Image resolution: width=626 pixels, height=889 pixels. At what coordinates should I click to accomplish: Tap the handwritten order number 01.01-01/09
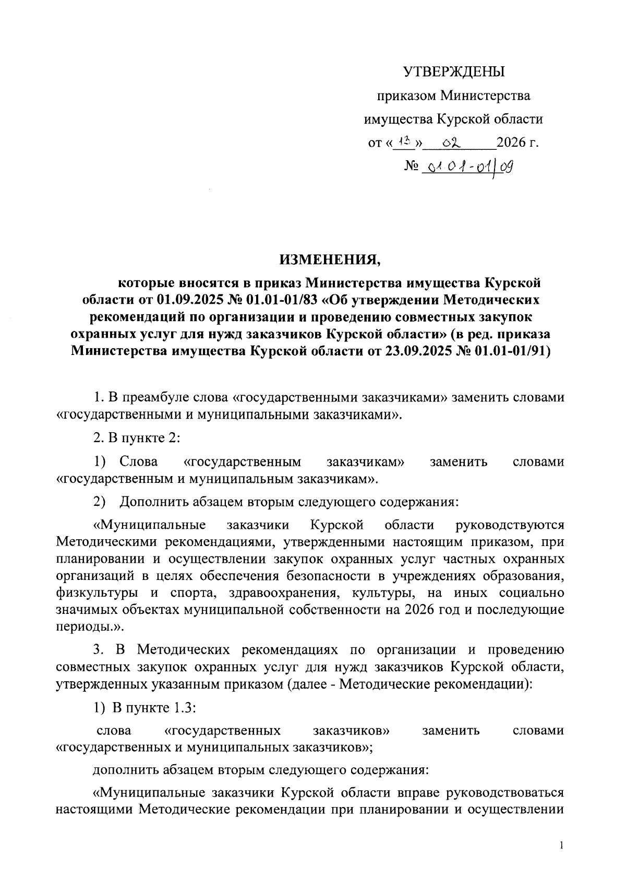click(x=469, y=167)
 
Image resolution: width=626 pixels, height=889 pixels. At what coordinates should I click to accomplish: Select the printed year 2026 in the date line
click(x=510, y=143)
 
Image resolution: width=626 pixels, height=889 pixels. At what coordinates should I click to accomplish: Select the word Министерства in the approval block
click(x=485, y=96)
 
